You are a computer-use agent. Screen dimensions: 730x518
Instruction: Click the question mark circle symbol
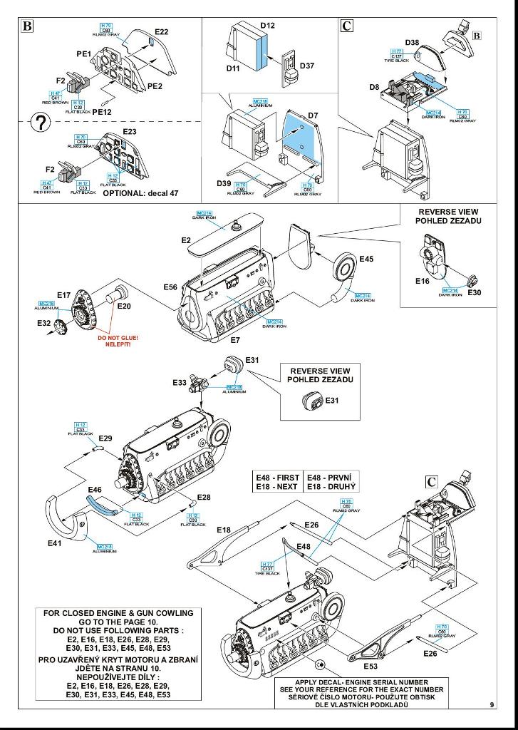point(42,123)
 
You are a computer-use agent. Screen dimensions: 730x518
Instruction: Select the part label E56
point(170,287)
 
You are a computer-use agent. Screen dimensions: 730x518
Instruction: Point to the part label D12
point(267,25)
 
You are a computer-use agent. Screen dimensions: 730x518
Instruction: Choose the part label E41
point(56,543)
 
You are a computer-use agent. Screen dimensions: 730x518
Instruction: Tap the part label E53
point(371,666)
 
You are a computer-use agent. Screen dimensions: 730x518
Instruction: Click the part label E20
point(125,307)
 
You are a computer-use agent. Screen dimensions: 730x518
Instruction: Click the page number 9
point(492,705)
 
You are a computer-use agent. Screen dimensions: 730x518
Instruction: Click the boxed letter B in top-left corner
point(28,26)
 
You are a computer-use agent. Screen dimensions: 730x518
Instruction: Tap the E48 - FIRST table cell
point(278,476)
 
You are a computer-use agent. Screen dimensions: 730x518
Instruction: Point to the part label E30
point(475,293)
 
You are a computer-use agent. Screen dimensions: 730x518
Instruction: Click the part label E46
point(95,490)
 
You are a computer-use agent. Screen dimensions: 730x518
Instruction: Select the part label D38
point(412,43)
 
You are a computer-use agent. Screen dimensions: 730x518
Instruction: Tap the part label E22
point(162,32)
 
